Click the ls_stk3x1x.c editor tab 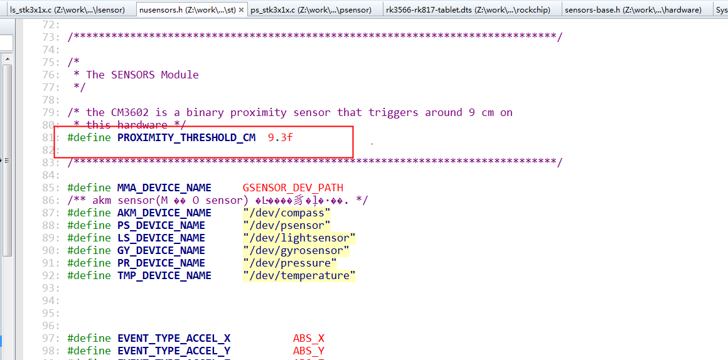(67, 9)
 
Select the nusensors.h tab (186, 9)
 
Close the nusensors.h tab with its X (241, 10)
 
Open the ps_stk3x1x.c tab (311, 9)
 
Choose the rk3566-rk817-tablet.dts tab (469, 9)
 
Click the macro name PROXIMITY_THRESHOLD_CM (186, 137)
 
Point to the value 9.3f (280, 137)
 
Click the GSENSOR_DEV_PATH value (292, 188)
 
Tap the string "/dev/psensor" (286, 225)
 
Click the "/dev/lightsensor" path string (299, 238)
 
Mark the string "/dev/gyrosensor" (296, 250)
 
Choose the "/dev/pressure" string (289, 263)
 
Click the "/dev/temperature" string (299, 275)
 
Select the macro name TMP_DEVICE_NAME (164, 275)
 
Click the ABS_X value (308, 338)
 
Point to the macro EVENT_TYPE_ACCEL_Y (174, 351)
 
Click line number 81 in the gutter (48, 137)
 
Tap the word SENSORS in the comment (133, 75)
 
